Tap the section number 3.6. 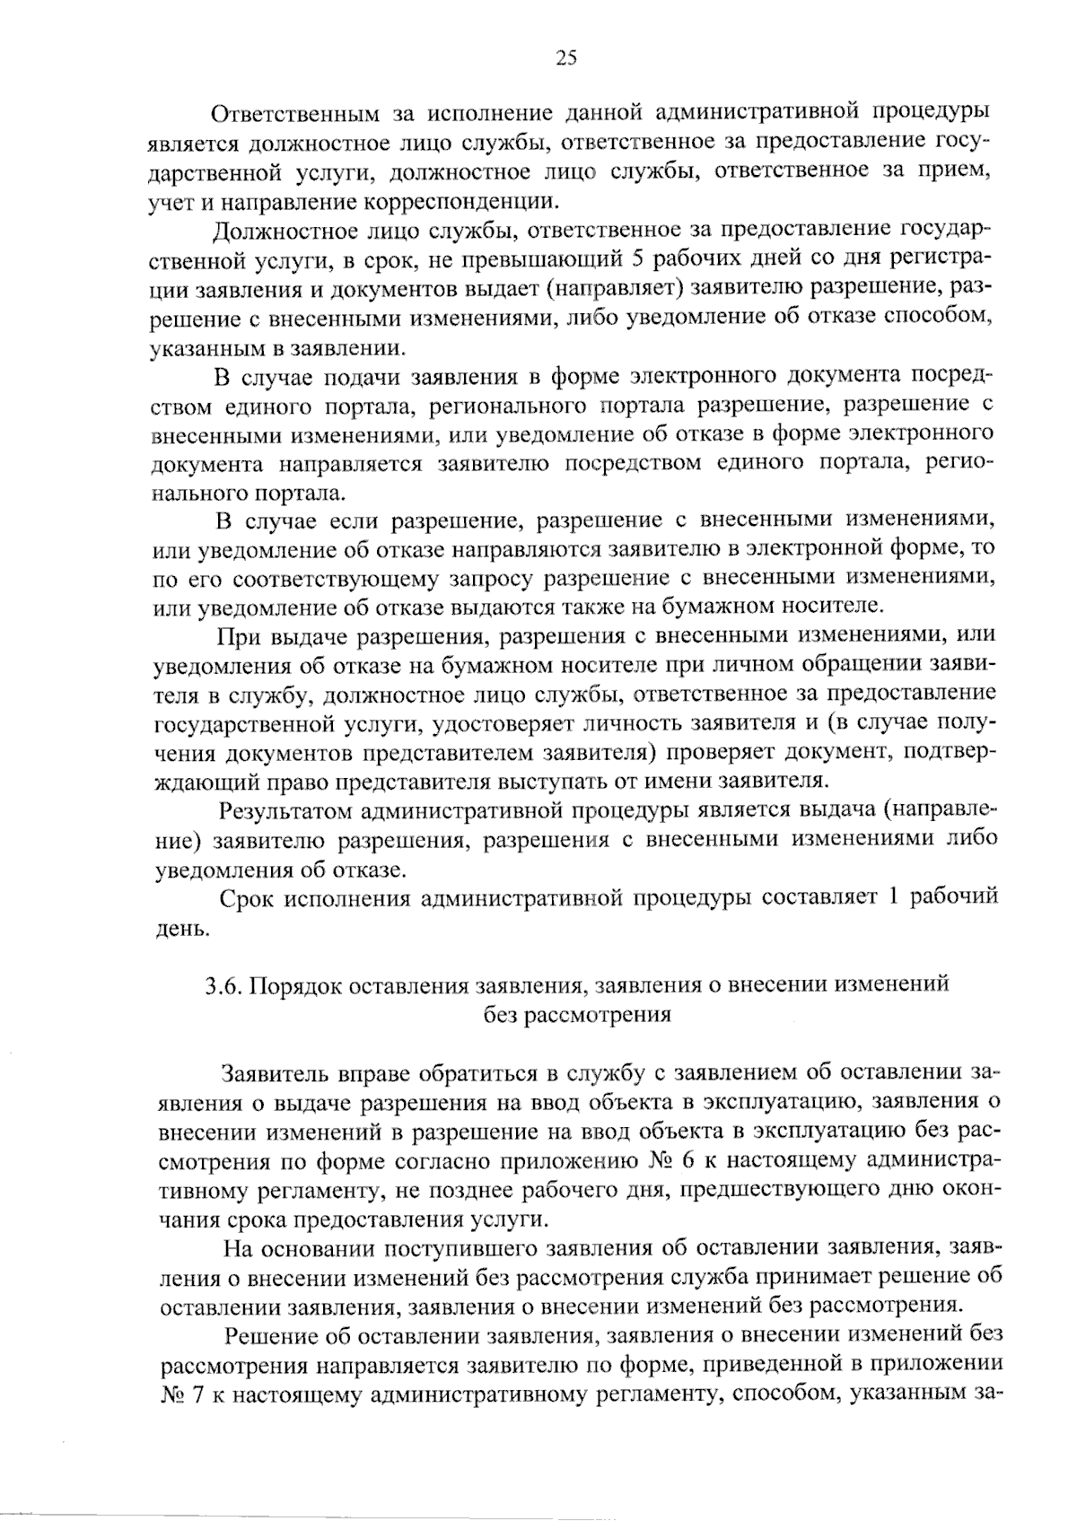(x=222, y=985)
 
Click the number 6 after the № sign (x=687, y=1161)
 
